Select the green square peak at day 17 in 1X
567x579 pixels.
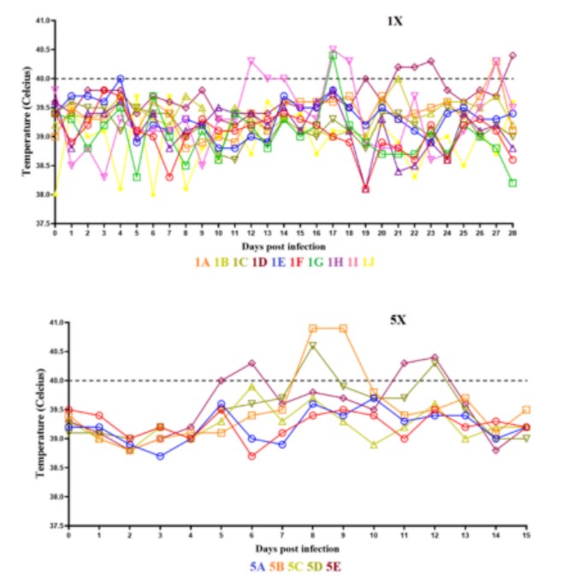tap(333, 56)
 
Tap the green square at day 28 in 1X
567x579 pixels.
tap(512, 183)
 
